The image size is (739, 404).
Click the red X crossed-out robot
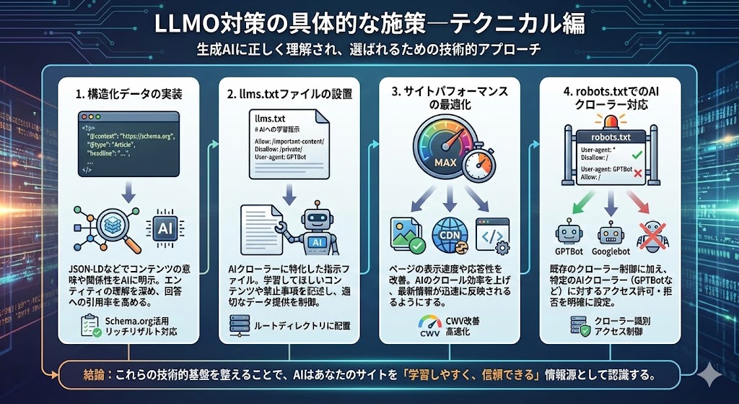[x=652, y=233]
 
